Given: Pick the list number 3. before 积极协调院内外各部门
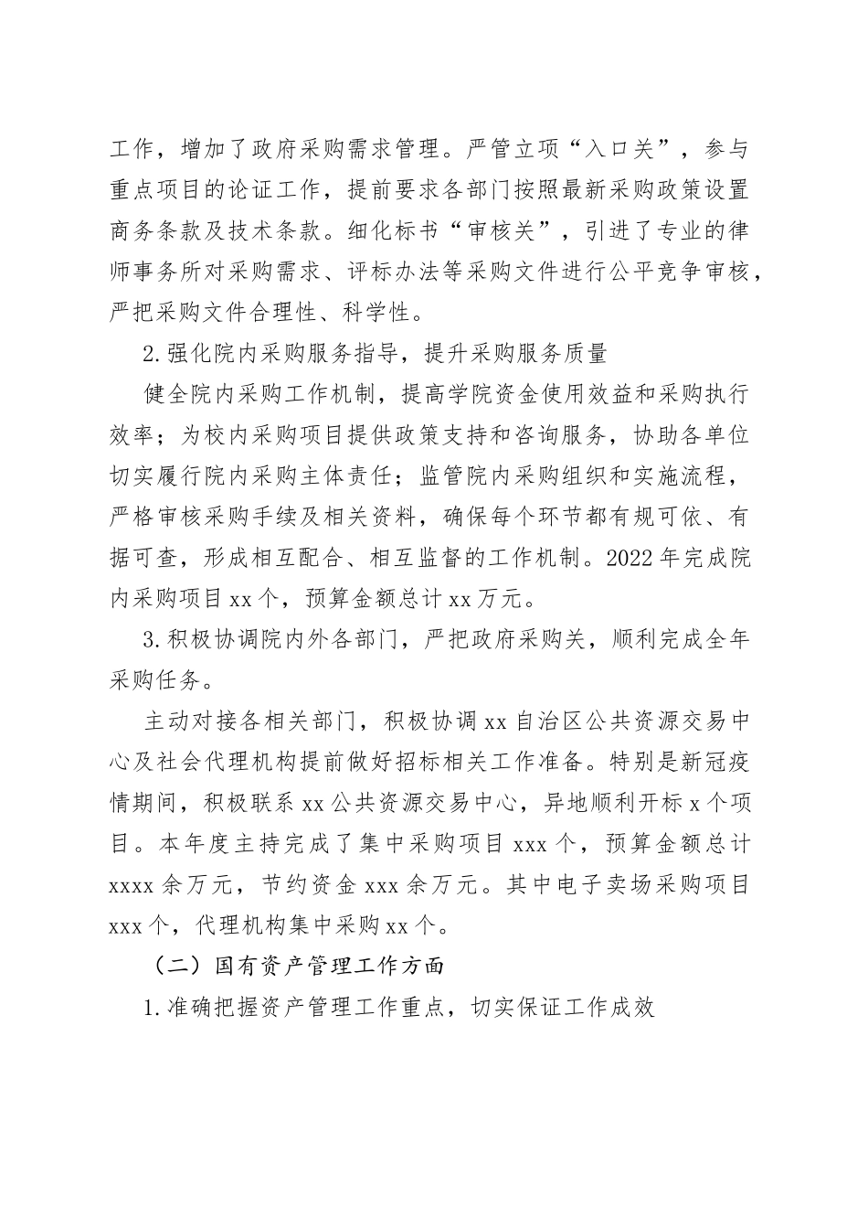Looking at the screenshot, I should coord(153,639).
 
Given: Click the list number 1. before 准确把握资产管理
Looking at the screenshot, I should coord(153,1008).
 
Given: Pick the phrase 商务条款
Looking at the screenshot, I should coord(155,233).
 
